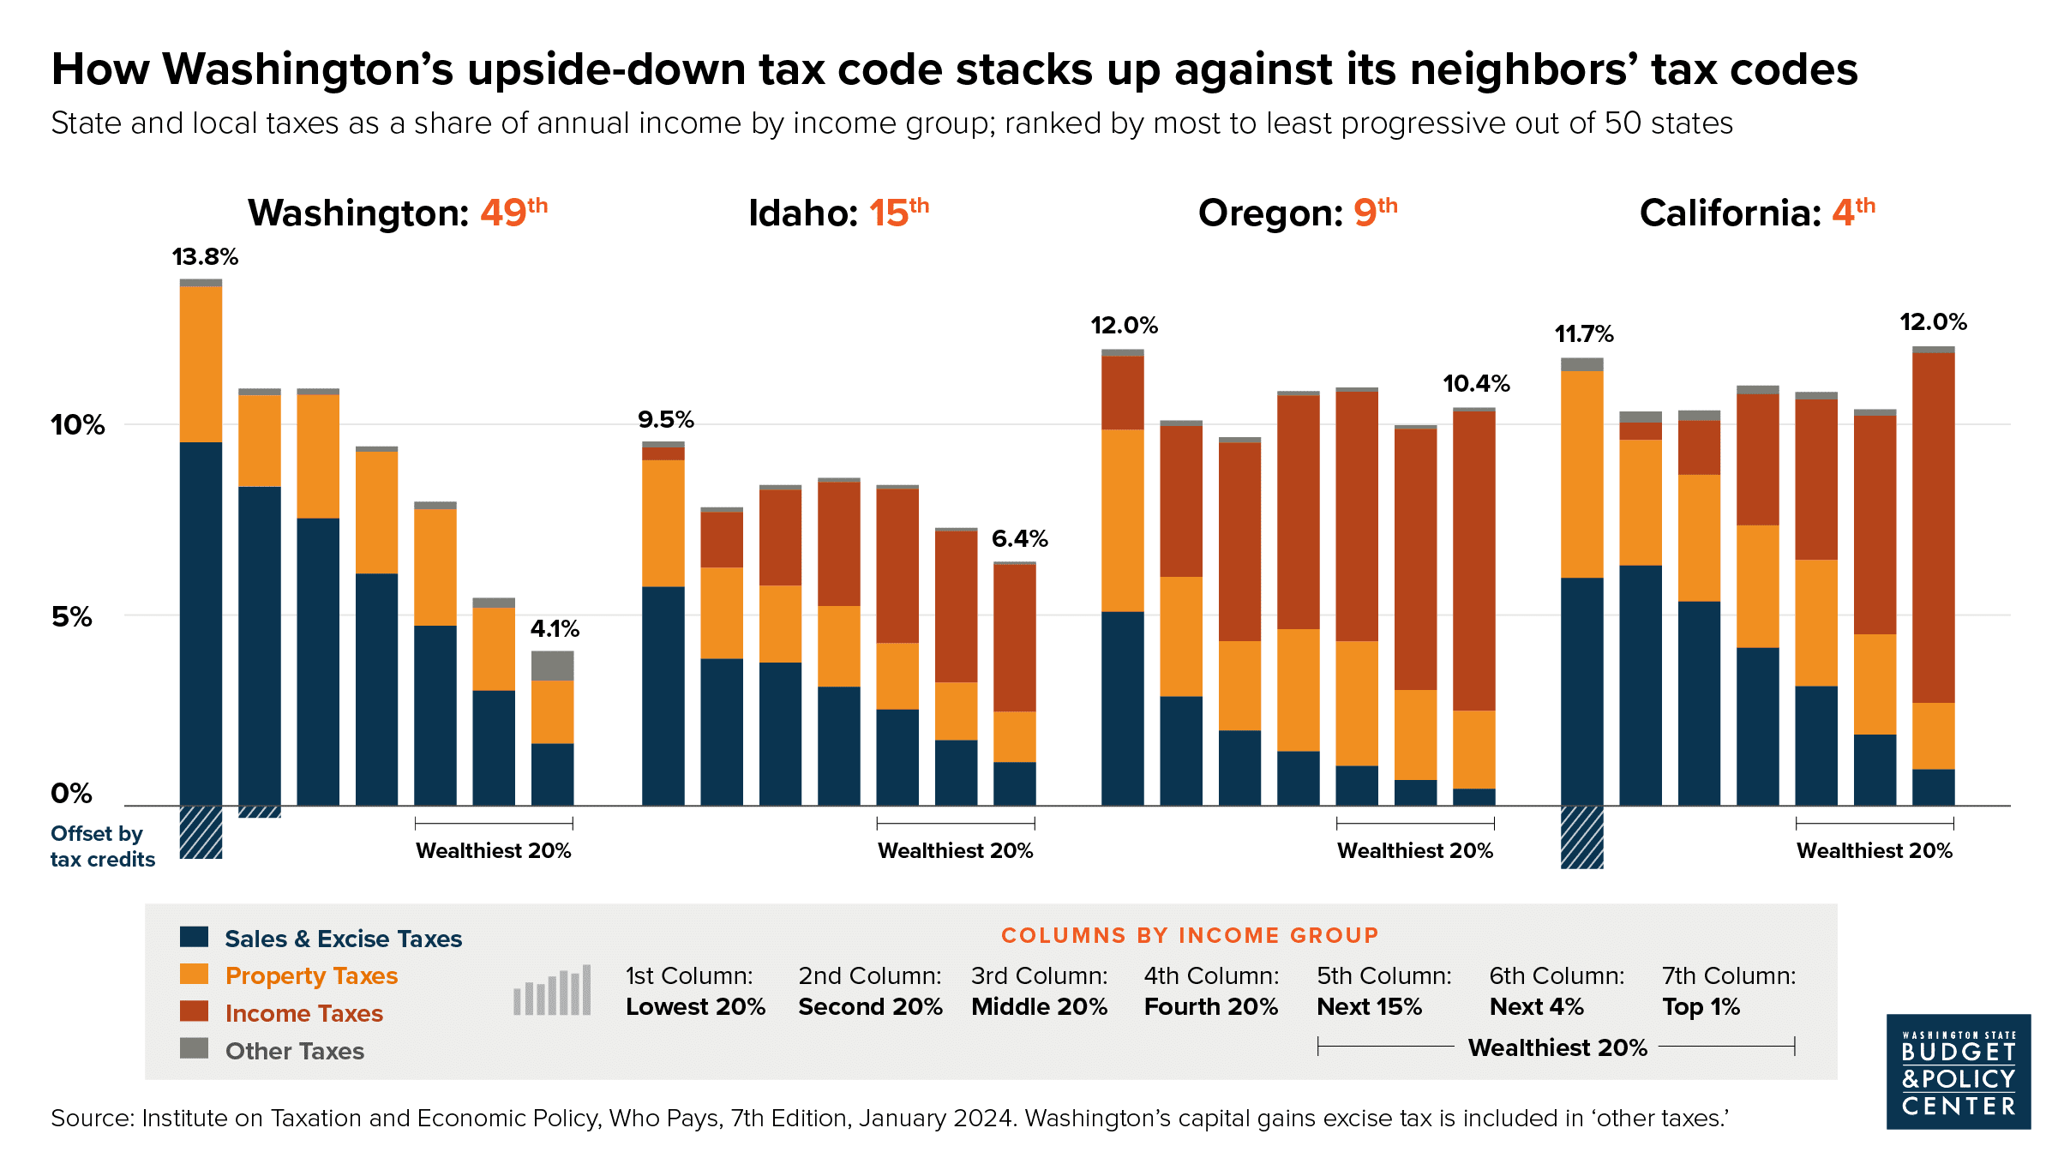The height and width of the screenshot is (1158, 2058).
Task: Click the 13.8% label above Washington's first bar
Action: coord(205,257)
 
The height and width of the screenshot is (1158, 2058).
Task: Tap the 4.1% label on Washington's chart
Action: coord(555,629)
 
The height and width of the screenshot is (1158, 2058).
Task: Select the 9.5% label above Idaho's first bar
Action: coord(665,420)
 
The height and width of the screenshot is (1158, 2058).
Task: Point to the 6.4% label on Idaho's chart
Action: coord(1019,539)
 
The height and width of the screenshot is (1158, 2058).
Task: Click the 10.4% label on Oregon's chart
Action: coord(1476,384)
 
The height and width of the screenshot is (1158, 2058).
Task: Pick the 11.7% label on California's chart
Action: coord(1584,334)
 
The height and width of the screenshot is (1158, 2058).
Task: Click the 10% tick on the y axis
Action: coord(77,425)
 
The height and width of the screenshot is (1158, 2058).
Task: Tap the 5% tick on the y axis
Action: coord(72,617)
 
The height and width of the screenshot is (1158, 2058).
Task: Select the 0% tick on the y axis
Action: coord(71,794)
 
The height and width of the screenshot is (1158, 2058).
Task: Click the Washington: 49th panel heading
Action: coord(397,213)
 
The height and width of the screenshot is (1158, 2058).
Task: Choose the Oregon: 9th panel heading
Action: coord(1297,213)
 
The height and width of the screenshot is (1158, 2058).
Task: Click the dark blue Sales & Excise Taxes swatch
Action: coord(195,937)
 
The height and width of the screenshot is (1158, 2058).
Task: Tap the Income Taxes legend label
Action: coord(303,1013)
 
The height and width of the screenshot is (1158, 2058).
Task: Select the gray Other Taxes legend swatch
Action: coord(195,1048)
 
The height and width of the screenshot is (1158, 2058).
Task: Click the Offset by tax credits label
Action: coord(102,847)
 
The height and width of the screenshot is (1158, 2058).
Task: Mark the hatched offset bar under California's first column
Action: coord(1581,837)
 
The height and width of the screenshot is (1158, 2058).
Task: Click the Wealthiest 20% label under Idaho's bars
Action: coord(955,851)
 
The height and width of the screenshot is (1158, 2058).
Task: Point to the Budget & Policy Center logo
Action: coord(1958,1071)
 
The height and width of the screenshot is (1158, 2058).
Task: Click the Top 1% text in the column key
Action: coord(1701,1007)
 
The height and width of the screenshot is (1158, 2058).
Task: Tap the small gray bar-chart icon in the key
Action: coord(552,991)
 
